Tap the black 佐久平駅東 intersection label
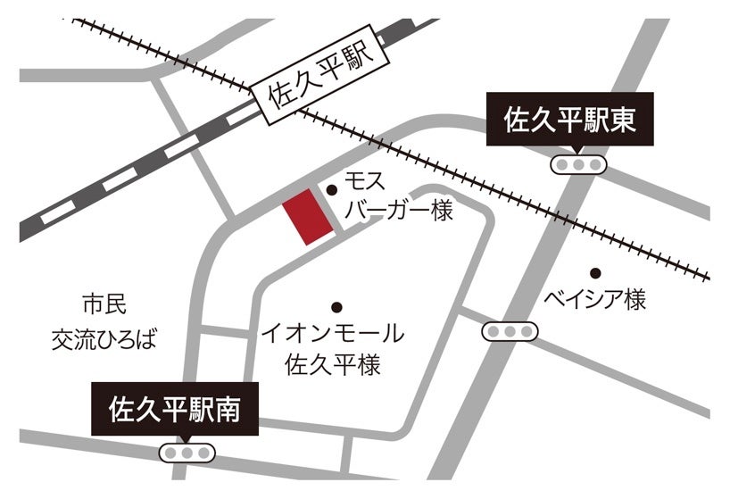point(569,120)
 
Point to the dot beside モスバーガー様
point(332,189)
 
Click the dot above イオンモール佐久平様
point(336,306)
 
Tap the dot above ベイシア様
point(595,272)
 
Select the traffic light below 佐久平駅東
point(578,164)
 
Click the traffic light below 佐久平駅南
point(187,453)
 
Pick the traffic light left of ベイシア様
point(510,332)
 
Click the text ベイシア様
point(595,301)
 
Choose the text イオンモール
point(333,335)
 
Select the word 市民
point(105,304)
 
